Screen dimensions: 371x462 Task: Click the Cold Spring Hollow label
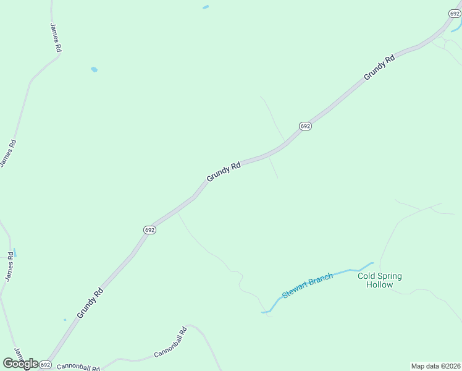click(379, 280)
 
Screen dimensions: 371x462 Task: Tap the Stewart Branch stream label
click(308, 286)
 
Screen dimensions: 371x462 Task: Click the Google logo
click(20, 364)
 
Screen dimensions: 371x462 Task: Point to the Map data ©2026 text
click(435, 366)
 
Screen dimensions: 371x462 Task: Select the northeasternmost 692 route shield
click(455, 13)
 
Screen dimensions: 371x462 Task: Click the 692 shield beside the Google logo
click(46, 365)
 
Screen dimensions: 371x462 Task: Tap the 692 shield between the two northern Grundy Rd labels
click(305, 126)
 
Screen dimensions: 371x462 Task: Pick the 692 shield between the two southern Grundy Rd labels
click(149, 229)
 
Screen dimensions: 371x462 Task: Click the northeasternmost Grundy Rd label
click(379, 67)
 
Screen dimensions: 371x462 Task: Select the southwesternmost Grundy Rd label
click(90, 302)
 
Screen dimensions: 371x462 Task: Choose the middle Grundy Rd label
click(224, 172)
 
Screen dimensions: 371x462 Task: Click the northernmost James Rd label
click(56, 37)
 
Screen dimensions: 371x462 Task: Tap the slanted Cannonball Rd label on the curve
click(170, 342)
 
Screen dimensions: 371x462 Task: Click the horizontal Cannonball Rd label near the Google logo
click(78, 367)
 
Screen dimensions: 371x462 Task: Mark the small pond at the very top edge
click(205, 7)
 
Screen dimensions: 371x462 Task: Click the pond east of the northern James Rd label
click(94, 69)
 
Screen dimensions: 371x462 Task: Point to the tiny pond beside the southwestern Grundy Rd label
click(64, 320)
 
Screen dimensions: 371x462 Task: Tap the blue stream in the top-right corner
click(456, 28)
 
